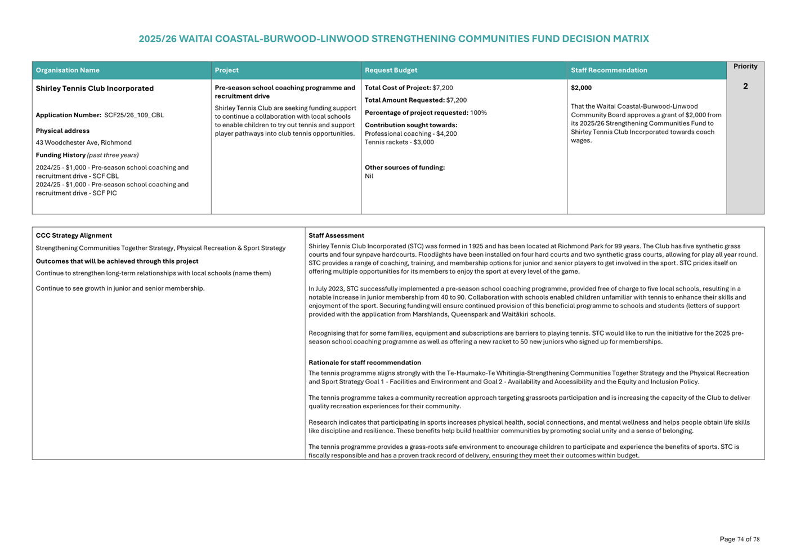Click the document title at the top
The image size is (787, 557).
(x=393, y=39)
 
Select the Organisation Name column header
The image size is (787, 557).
(x=68, y=70)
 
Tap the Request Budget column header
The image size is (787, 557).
(x=391, y=70)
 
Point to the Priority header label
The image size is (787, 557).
(x=745, y=66)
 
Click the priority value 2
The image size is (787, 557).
(x=745, y=86)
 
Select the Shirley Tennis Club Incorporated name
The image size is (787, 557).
(x=95, y=88)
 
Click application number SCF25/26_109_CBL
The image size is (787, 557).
(x=134, y=115)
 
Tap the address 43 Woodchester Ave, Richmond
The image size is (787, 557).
(x=83, y=143)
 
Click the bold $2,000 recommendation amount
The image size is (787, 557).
(x=581, y=88)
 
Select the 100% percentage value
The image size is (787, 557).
(x=479, y=113)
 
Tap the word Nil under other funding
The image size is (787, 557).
(x=369, y=176)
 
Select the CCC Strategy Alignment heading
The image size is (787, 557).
(x=74, y=236)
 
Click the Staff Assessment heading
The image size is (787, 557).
(x=336, y=236)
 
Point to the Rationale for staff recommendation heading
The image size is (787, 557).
(x=364, y=363)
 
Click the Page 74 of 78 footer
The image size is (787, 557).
(x=739, y=540)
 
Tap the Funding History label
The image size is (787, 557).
(x=61, y=155)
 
